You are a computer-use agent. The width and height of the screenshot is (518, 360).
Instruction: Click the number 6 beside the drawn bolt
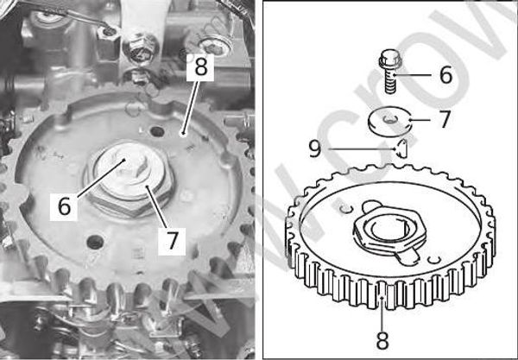click(445, 74)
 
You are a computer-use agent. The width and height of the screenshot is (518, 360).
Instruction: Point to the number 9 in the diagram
click(316, 149)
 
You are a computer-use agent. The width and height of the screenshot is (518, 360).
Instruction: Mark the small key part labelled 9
click(401, 148)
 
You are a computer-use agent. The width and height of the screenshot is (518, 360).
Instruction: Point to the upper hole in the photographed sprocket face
click(157, 131)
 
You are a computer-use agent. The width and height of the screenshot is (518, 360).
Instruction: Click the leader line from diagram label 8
click(382, 315)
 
